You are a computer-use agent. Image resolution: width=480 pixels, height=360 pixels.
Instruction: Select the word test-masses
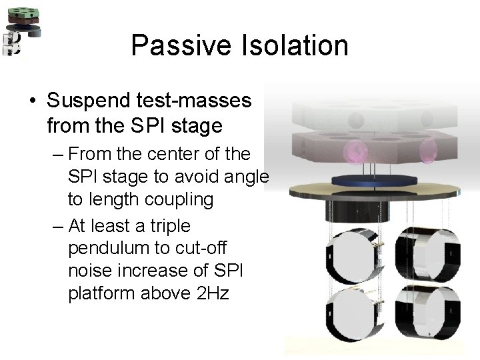point(198,101)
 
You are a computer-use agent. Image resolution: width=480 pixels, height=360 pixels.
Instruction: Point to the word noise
point(91,271)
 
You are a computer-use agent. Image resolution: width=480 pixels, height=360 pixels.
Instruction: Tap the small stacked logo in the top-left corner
point(19,30)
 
